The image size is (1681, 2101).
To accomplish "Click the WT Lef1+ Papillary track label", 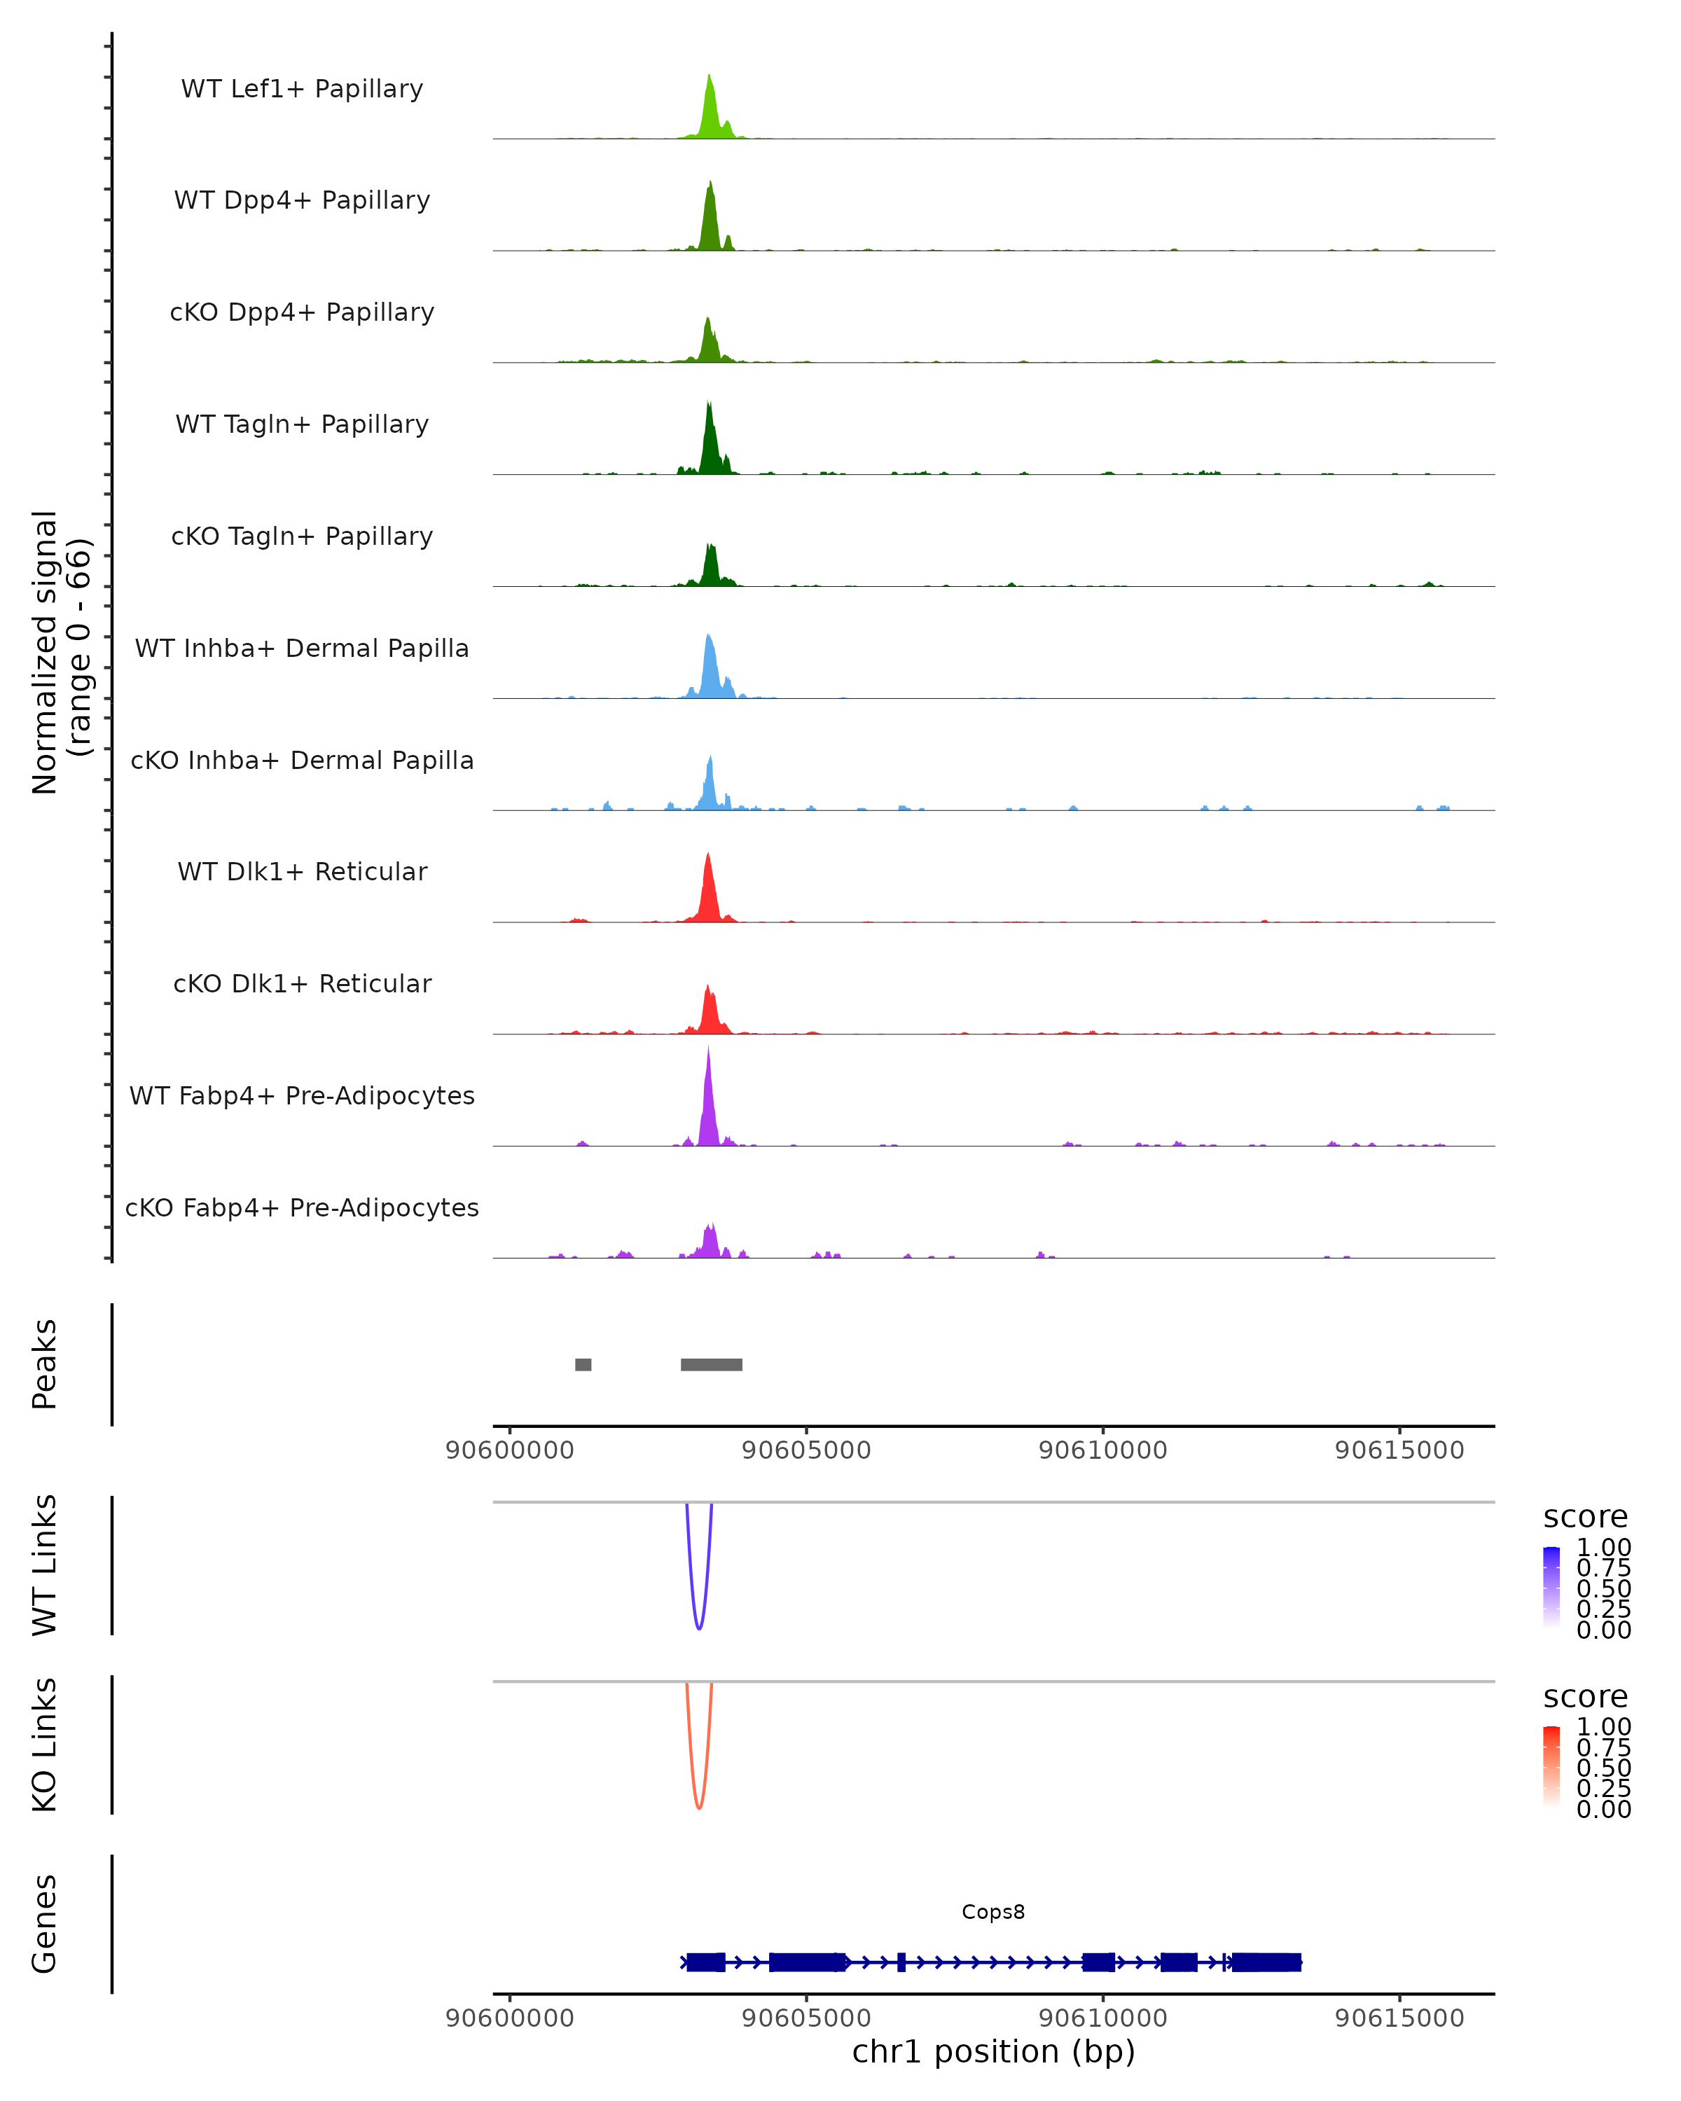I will click(302, 89).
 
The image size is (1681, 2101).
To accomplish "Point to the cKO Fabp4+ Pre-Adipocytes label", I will click(302, 1207).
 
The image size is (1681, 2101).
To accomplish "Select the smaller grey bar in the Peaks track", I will click(583, 1364).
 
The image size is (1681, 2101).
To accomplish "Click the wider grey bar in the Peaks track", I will click(712, 1364).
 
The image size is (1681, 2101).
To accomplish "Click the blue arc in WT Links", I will click(699, 1626).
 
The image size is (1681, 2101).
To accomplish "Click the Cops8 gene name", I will click(993, 1912).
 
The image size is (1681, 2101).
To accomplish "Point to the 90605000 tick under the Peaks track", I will click(806, 1450).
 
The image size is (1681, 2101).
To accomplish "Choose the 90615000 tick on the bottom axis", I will click(1399, 2018).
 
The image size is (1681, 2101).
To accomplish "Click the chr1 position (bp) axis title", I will click(993, 2052).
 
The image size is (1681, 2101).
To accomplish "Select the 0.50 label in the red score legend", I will click(1603, 1768).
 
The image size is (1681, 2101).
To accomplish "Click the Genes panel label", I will click(45, 1924).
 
